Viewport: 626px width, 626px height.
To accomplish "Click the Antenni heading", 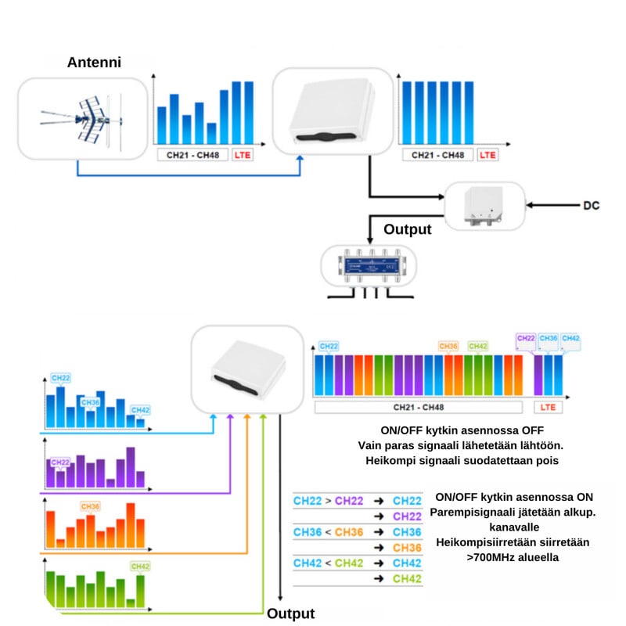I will pos(94,62).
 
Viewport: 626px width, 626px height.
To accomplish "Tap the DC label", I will pos(591,205).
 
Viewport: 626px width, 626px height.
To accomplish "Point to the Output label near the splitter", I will pos(407,229).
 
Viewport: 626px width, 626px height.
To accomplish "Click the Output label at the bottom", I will pos(290,613).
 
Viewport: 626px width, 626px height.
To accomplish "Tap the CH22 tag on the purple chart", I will pos(60,462).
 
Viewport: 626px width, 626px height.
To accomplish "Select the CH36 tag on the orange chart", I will pos(91,506).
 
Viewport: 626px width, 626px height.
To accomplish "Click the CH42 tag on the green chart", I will pos(140,566).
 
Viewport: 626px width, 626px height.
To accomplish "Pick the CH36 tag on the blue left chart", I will pos(91,402).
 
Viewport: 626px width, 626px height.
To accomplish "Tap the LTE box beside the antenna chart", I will pos(242,155).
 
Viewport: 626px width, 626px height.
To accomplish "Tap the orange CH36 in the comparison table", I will pos(350,532).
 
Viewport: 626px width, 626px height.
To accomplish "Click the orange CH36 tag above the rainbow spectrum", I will pos(448,346).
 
